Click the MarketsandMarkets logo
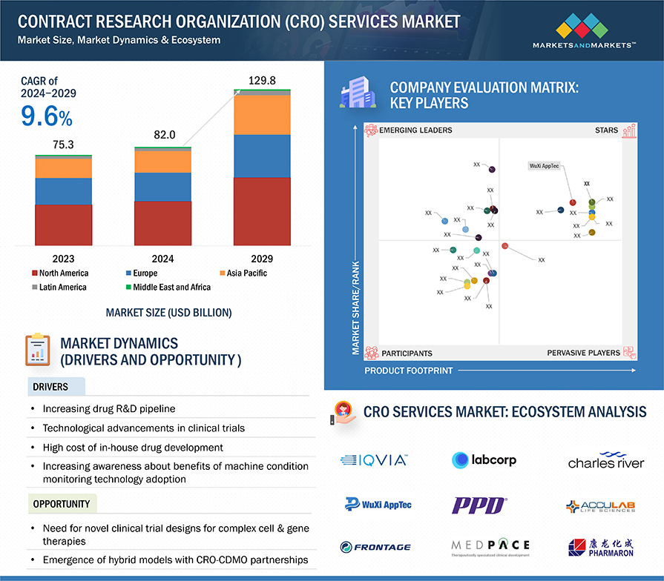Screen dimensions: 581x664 point(584,33)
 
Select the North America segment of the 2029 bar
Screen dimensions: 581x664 point(262,211)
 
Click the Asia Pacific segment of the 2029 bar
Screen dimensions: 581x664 point(262,115)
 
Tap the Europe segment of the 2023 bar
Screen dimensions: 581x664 point(64,191)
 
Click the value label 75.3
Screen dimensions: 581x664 point(64,145)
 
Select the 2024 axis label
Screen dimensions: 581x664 point(162,259)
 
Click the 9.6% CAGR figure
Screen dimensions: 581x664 point(46,117)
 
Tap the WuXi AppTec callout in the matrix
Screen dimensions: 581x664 point(545,166)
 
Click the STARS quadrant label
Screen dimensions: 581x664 point(606,130)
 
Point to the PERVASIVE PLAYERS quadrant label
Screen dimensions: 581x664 point(583,353)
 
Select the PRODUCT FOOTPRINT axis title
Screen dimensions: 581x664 point(408,371)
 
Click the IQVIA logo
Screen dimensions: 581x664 point(374,460)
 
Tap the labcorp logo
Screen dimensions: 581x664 point(484,460)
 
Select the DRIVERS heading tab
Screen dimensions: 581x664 point(50,387)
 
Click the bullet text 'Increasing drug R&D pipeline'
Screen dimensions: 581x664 point(109,408)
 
